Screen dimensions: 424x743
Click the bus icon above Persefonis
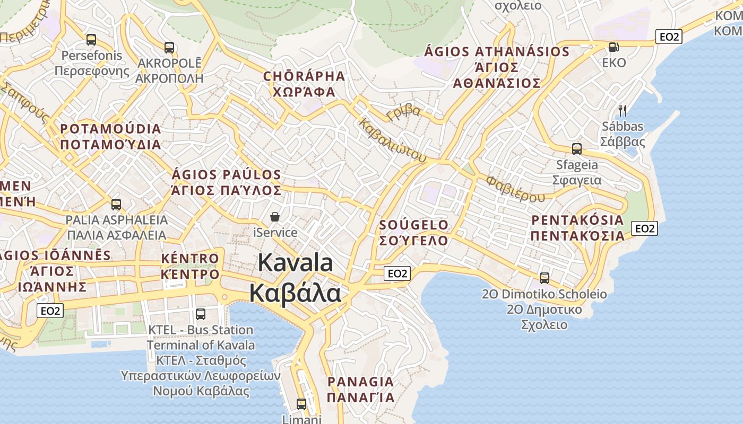[91, 40]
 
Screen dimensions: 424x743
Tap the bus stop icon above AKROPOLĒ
[169, 48]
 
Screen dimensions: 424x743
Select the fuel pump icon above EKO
[614, 47]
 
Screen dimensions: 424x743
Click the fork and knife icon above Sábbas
[623, 111]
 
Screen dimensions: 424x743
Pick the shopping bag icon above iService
[275, 217]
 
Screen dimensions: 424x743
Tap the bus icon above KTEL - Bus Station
[201, 314]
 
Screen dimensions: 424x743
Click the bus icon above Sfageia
[577, 149]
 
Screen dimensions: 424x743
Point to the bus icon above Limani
[301, 404]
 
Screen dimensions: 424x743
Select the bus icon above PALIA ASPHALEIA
[116, 204]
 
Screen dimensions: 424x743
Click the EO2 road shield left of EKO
[669, 37]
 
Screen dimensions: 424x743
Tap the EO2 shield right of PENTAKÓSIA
[644, 228]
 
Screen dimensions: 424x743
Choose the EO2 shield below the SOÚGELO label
[397, 273]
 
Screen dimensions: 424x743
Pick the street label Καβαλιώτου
[393, 140]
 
